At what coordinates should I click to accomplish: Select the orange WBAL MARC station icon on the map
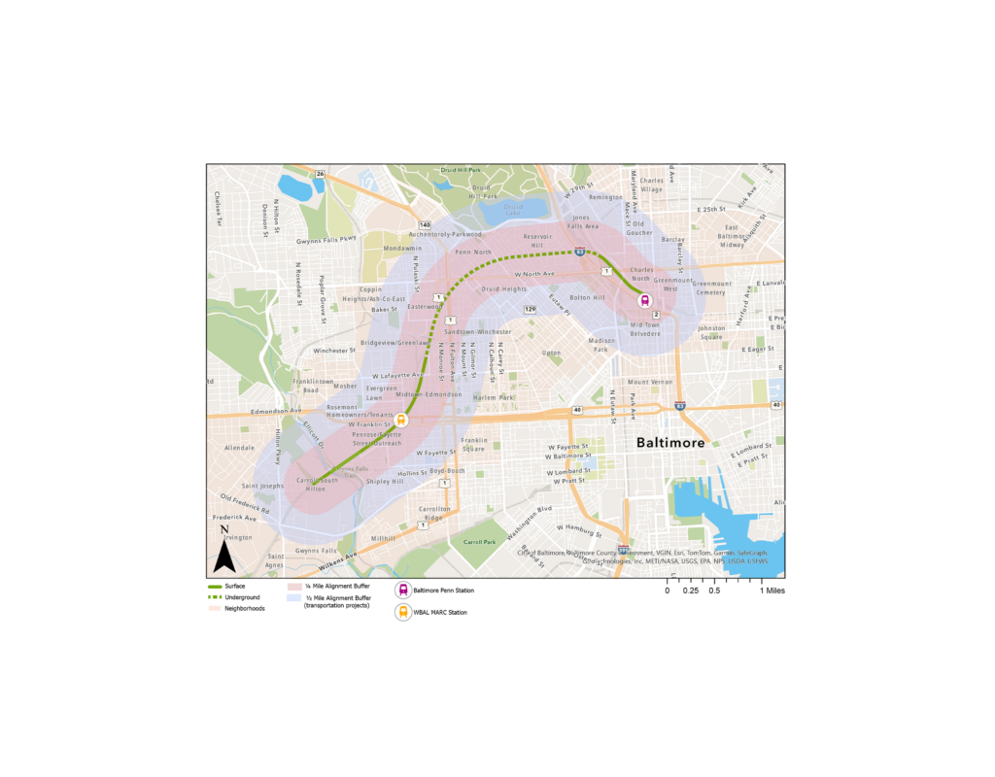pos(402,422)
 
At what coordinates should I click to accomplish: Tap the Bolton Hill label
pos(587,297)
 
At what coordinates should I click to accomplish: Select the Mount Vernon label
pos(650,382)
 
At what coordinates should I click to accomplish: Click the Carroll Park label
pos(479,542)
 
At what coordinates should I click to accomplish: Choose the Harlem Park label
pos(493,396)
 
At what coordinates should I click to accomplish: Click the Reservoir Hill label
pos(537,242)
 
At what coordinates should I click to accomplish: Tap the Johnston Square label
pos(711,333)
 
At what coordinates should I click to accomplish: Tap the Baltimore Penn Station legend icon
pos(402,590)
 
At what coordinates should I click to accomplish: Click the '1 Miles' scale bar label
pos(773,591)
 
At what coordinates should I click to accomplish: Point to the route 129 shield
pos(530,309)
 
